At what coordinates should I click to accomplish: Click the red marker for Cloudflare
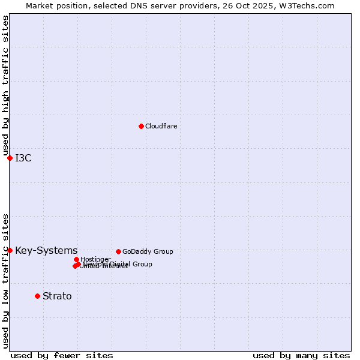pos(141,126)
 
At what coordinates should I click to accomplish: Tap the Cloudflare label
pos(161,126)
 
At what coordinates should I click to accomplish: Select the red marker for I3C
pos(10,158)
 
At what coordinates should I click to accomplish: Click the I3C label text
pos(23,158)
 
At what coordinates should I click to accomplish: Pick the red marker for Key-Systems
pos(10,250)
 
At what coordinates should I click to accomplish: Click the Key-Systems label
pos(46,251)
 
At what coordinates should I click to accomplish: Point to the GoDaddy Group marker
pos(118,251)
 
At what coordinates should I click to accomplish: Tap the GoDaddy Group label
pos(148,251)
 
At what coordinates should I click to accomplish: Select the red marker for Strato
pos(37,296)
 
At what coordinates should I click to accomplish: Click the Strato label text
pos(57,296)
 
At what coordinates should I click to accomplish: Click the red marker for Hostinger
pos(76,259)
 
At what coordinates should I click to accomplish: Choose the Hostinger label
pos(96,259)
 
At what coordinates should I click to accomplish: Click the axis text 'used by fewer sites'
pos(62,355)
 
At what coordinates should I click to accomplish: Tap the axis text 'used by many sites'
pos(301,355)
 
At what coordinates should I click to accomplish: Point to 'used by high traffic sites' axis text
pos(5,86)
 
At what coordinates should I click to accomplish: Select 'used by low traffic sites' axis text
pos(5,280)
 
